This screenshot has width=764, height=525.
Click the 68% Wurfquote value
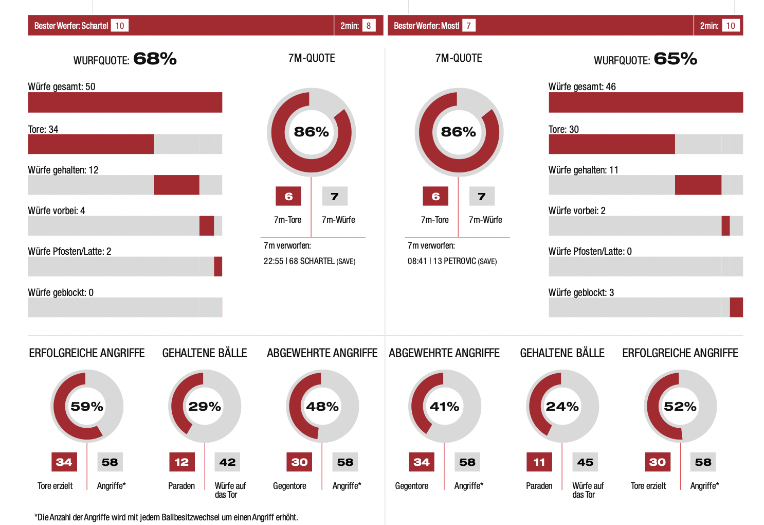point(155,59)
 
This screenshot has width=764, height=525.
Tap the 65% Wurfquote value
point(675,59)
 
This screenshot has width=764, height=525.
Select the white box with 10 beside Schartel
point(120,26)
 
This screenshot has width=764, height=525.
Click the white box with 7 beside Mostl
point(468,26)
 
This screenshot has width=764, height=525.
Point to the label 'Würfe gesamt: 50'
point(62,86)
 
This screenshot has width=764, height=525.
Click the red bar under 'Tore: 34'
point(91,144)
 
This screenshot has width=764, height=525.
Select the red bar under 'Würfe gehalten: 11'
point(698,185)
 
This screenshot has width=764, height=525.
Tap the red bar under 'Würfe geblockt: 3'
point(736,307)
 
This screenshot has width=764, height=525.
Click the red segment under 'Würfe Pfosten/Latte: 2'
point(218,267)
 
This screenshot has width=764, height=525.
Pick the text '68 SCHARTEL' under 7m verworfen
point(312,261)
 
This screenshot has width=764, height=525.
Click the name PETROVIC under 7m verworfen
point(460,261)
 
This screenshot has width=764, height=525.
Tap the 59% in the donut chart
point(87,407)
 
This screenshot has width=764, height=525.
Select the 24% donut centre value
point(562,407)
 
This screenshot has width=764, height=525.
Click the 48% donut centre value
point(322,407)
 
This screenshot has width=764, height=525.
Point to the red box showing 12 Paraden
point(181,462)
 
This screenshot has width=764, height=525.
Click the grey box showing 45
point(585,462)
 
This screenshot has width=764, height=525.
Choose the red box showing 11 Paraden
point(539,462)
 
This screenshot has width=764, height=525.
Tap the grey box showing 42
point(227,462)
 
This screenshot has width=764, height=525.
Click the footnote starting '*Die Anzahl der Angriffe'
point(166,517)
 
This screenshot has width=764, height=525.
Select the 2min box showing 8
point(369,26)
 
